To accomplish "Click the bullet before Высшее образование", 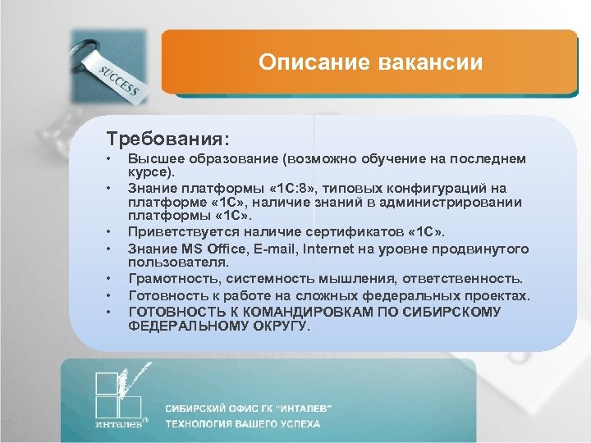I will tap(108, 159).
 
